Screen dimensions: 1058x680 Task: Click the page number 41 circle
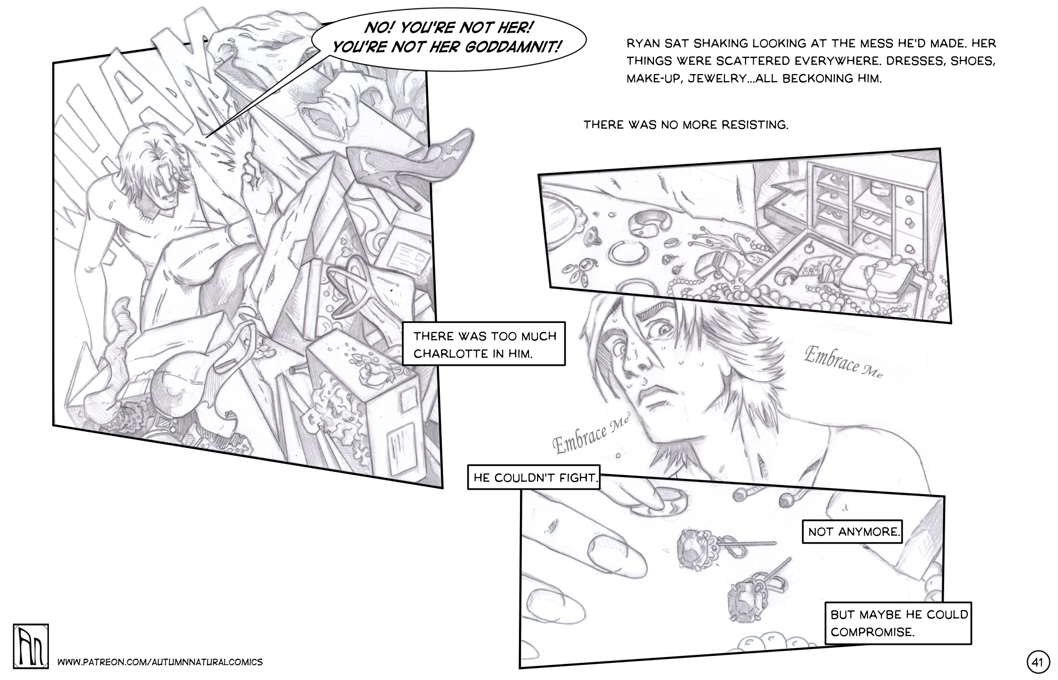(1037, 662)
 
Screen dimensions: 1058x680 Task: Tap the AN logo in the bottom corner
(31, 647)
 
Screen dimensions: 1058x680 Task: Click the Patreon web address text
(160, 662)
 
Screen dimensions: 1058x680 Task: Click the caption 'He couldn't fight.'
(534, 477)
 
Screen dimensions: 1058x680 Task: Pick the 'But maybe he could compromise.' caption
(898, 623)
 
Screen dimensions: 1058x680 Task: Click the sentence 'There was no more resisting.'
(686, 124)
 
